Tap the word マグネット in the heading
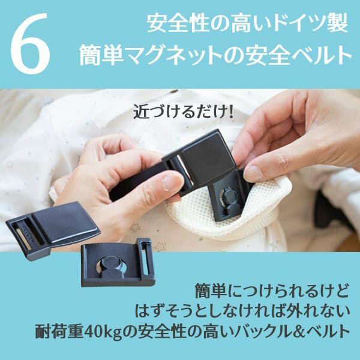click(x=169, y=56)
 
